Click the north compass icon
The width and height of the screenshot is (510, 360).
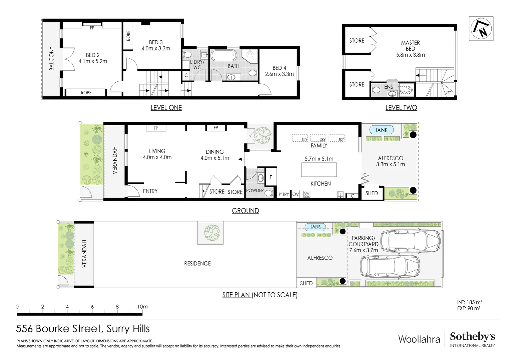[x=481, y=29]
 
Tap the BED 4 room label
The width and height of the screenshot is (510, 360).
[x=279, y=68]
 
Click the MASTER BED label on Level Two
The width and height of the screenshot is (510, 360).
[x=410, y=46]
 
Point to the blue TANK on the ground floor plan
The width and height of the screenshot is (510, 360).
[x=381, y=130]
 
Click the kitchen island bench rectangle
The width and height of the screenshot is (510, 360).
[x=319, y=170]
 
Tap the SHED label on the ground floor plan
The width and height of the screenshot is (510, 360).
[x=371, y=193]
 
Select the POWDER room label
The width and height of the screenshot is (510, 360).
[x=255, y=191]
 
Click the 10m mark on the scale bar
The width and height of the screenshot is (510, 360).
[x=142, y=307]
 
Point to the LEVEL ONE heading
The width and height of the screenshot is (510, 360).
[x=166, y=108]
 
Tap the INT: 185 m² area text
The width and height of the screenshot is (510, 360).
[x=469, y=302]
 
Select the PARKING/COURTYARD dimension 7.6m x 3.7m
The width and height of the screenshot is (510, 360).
[x=363, y=250]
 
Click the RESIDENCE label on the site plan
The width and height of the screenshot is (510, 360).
[x=197, y=264]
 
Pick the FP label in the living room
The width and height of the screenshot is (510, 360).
[x=156, y=128]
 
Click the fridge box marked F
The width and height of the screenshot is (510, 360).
[x=271, y=177]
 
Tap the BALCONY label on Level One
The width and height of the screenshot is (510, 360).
[x=51, y=59]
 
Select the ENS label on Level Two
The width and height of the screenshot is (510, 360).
[x=389, y=87]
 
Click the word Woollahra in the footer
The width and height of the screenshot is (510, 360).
[x=419, y=339]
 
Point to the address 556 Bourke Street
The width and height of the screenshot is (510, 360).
[x=60, y=329]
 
